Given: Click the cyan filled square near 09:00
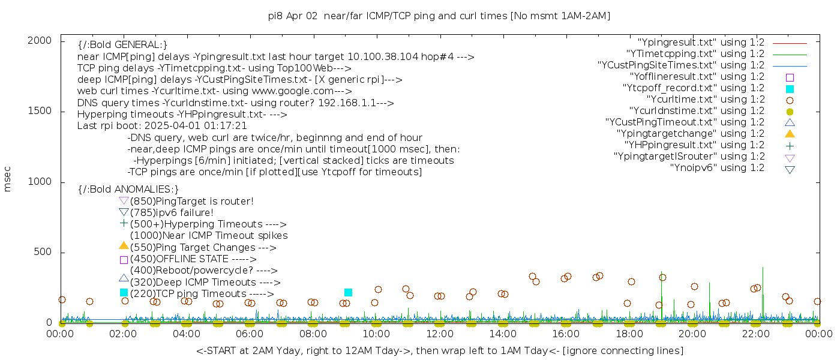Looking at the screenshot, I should coord(348,292).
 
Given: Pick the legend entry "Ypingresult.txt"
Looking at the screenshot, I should coord(701,43).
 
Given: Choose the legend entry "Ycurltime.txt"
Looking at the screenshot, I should coord(705,99).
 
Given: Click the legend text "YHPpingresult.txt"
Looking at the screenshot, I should coord(694,145).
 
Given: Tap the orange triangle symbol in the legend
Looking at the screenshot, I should coord(790,133).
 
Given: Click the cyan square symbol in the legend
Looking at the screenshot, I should coord(790,88).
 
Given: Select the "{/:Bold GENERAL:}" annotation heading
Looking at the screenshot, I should coord(122,45).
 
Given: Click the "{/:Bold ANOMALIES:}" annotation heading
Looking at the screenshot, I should coord(128,190).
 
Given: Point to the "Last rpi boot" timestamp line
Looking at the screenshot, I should coord(162,126).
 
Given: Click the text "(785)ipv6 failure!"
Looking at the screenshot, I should coord(172,212).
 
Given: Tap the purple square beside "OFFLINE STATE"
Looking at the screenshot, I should coord(124,260).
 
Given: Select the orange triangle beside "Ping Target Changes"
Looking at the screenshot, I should coord(124,245).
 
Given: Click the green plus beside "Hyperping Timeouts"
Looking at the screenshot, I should coord(124,223).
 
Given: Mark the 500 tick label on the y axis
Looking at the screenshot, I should coord(45,252).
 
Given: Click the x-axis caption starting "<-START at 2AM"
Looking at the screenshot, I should coord(439,350).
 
